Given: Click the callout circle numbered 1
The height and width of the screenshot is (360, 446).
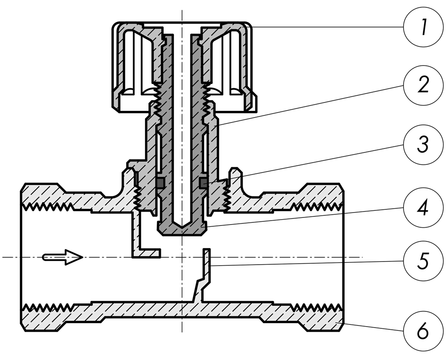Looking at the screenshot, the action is [x=423, y=27].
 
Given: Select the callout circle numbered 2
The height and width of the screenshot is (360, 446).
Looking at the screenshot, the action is [x=423, y=85].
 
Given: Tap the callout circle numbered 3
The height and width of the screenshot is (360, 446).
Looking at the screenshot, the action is [x=423, y=145].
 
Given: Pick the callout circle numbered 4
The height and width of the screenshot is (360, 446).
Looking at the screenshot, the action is [x=423, y=208].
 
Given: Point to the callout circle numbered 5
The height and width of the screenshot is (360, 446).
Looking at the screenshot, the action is [x=423, y=261].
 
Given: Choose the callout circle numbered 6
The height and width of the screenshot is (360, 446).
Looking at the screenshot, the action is [x=423, y=331].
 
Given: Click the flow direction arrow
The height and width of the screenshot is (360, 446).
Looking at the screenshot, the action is [x=62, y=257].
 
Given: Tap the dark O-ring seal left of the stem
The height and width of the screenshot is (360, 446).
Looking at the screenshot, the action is [x=160, y=183].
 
